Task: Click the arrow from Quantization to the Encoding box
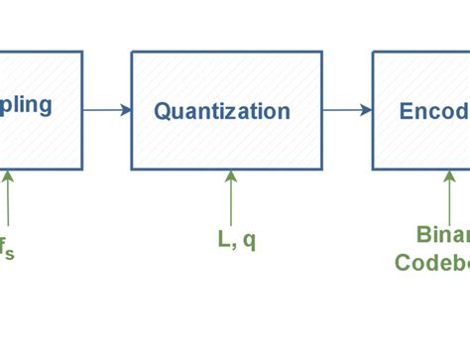(x=346, y=110)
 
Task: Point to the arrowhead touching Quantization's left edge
(x=126, y=110)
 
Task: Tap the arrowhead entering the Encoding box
(x=367, y=110)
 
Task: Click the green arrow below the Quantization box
(x=231, y=196)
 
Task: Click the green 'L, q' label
(x=237, y=240)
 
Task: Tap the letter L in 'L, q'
(x=224, y=239)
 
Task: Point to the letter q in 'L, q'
(x=249, y=241)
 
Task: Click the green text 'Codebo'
(x=432, y=263)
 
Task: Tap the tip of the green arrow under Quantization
(x=231, y=174)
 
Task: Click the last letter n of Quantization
(x=285, y=112)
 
